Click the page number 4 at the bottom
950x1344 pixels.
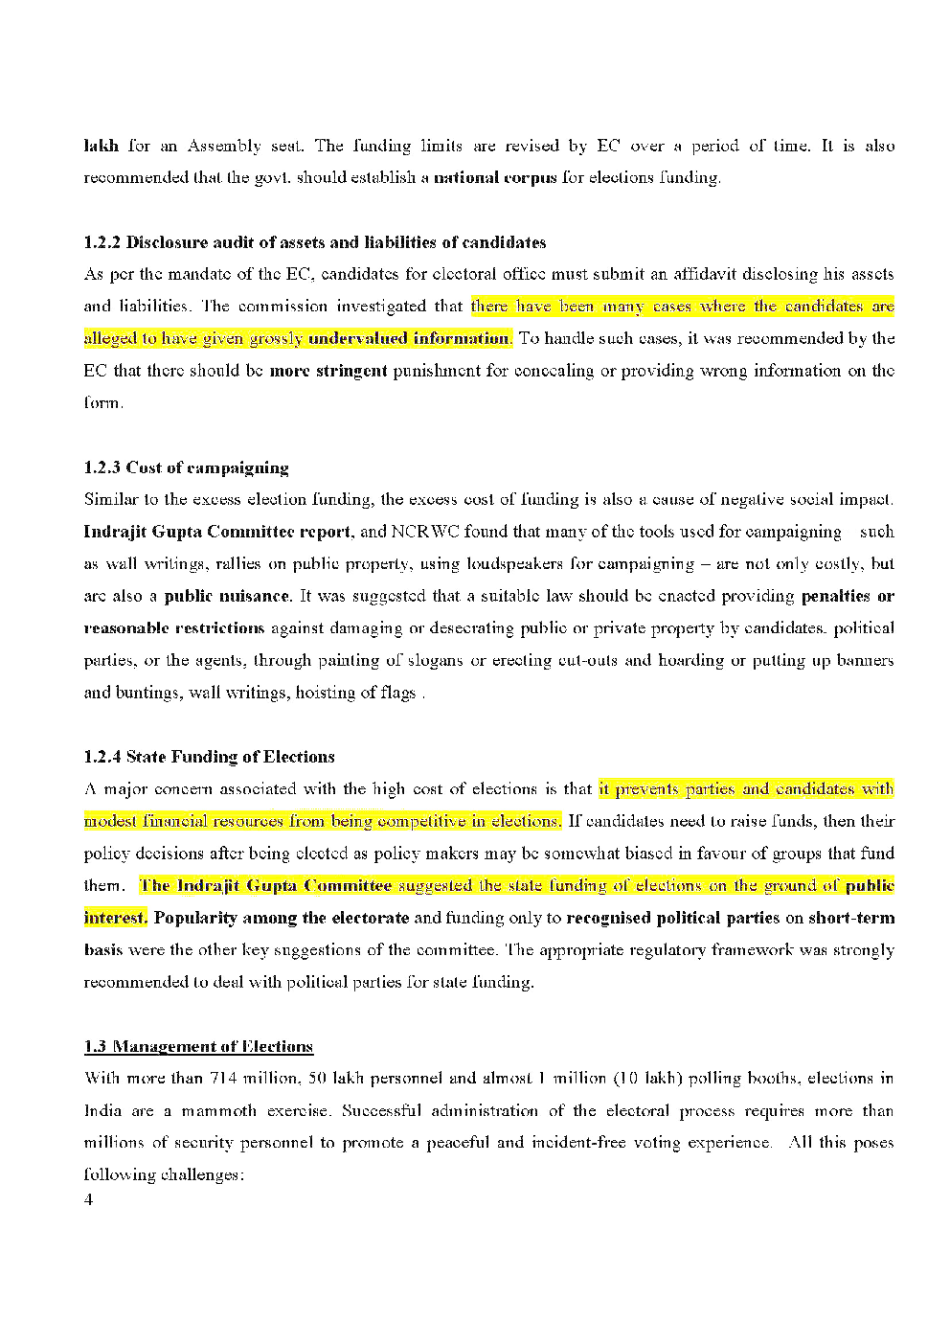[89, 1201]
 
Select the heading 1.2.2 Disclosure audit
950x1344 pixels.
[315, 241]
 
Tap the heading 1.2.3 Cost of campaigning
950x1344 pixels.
[186, 467]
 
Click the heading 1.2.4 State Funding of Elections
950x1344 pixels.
[209, 757]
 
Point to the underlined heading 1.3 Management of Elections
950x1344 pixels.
[198, 1046]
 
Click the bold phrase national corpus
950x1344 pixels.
[495, 177]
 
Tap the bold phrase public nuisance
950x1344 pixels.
[227, 596]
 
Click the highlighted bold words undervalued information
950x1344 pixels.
[409, 338]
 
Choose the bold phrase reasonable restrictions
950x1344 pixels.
[173, 628]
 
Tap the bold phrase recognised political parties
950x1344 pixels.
[672, 918]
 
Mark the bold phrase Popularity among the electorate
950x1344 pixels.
[281, 918]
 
